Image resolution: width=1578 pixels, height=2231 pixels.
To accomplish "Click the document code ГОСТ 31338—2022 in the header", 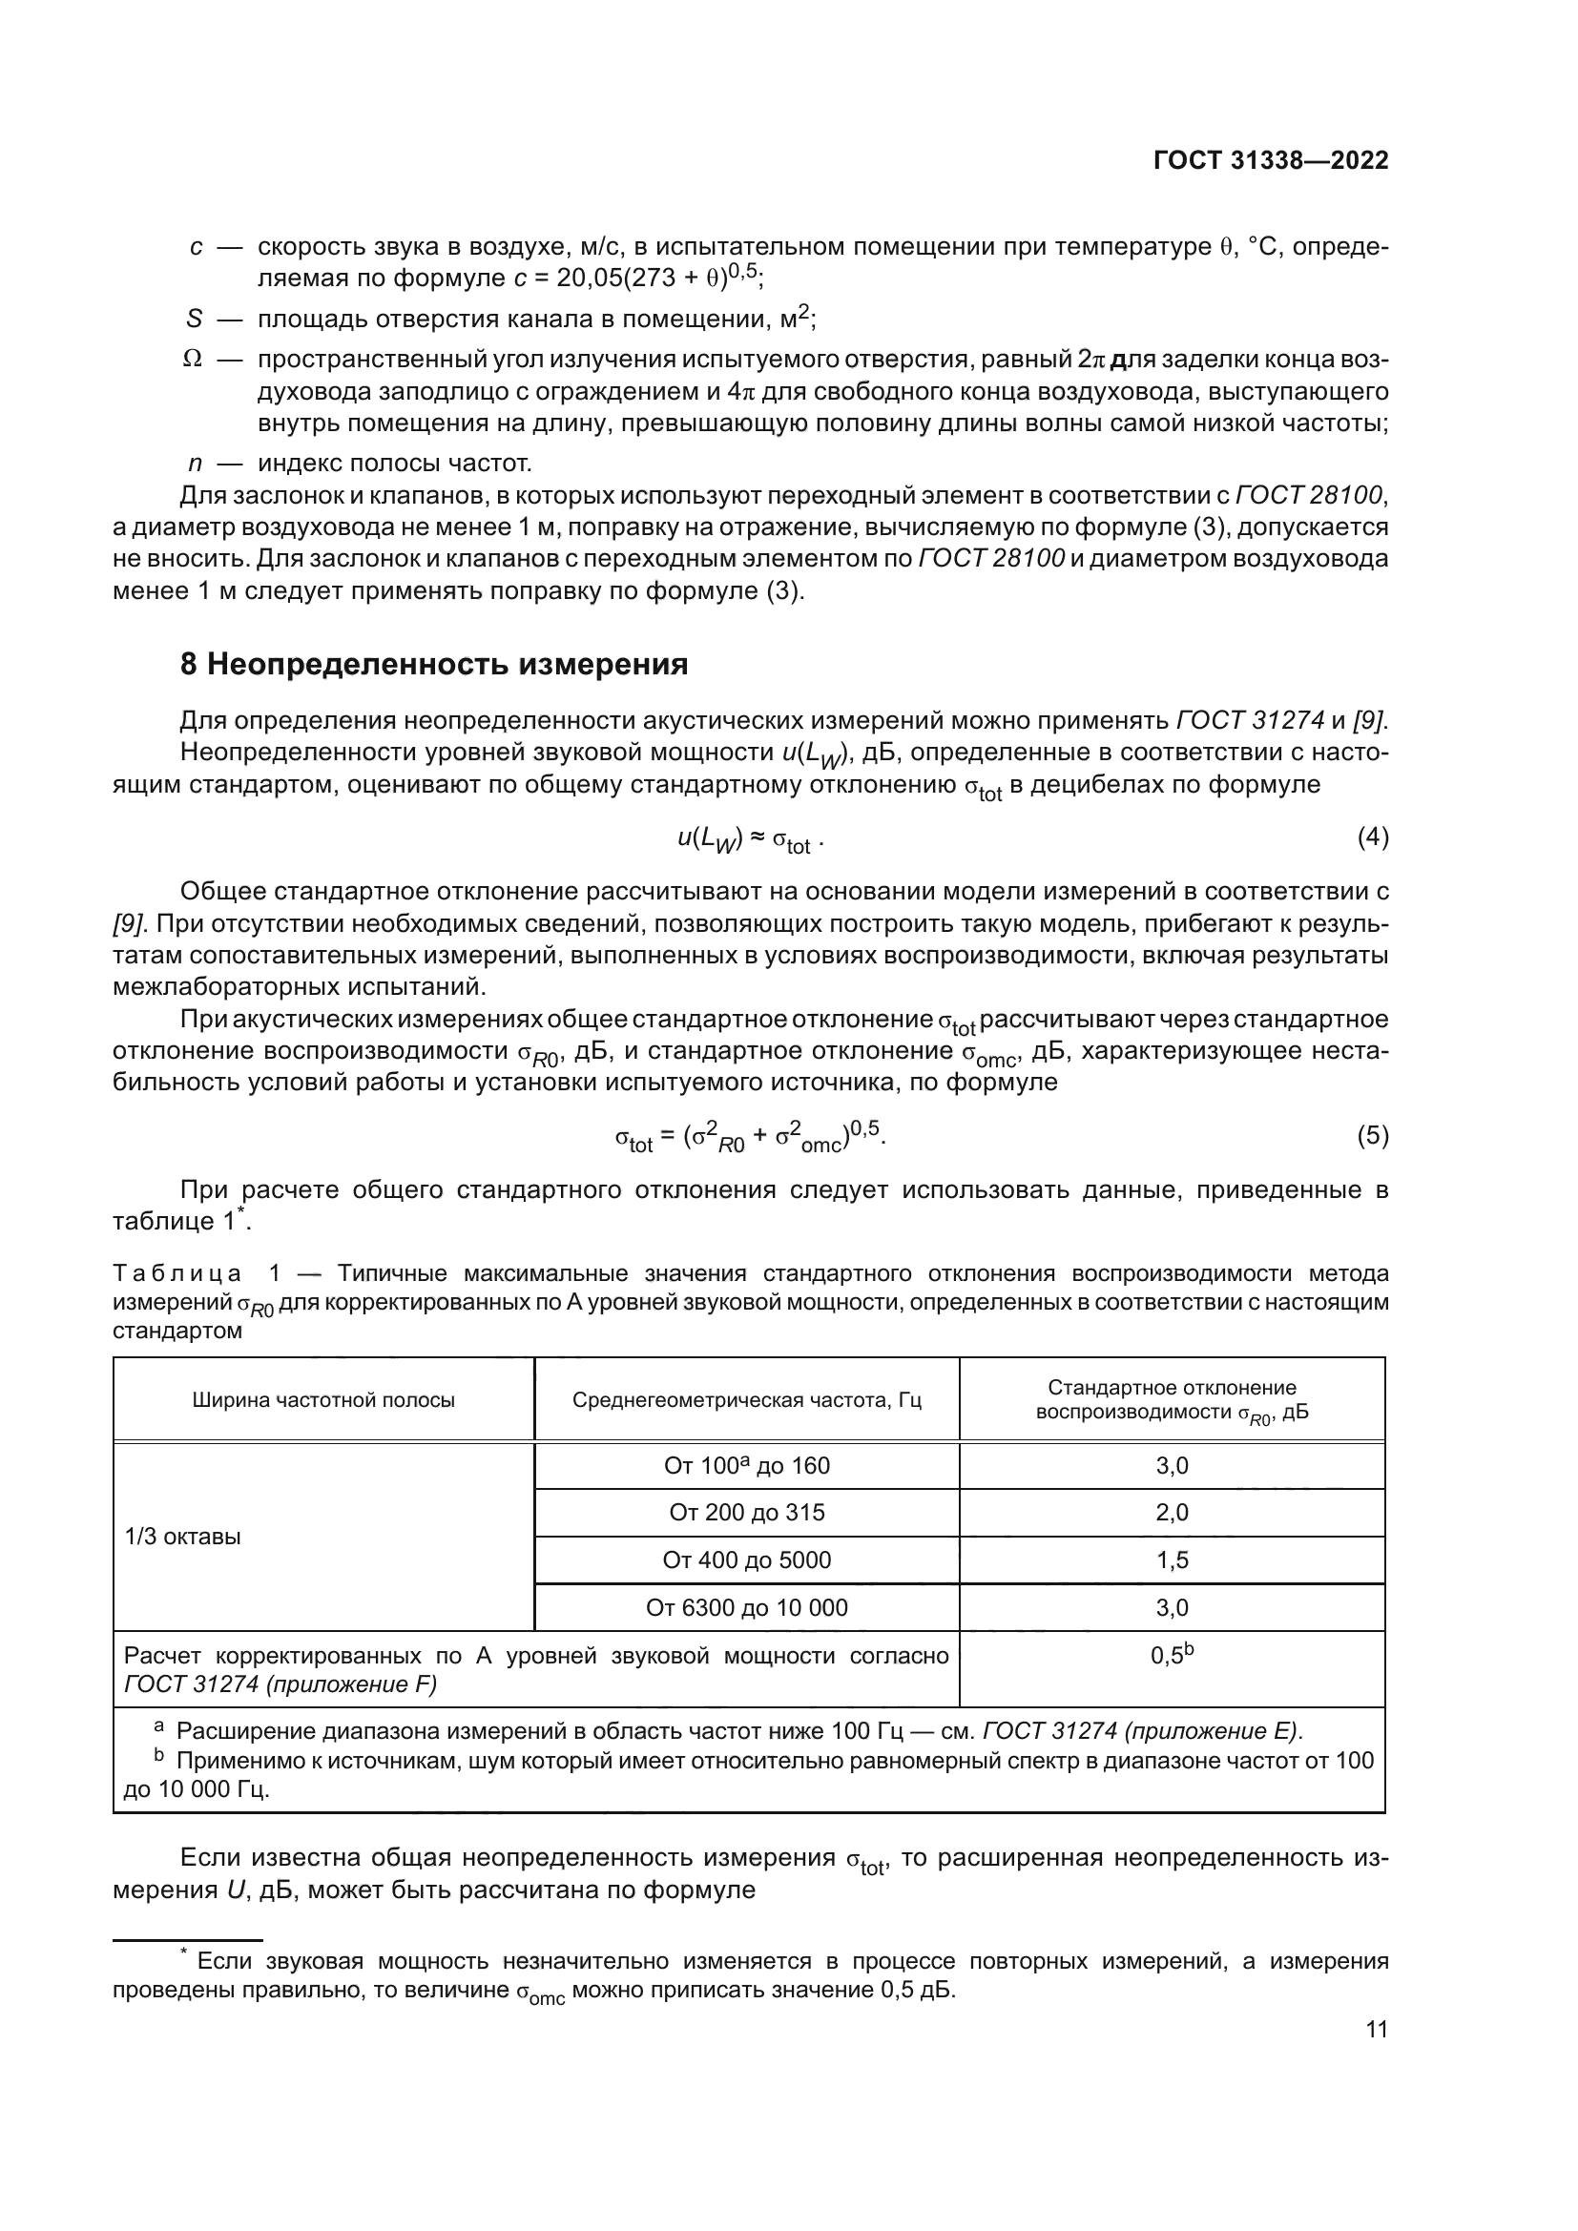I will [1270, 160].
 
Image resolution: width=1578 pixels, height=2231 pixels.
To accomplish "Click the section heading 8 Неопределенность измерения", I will [434, 665].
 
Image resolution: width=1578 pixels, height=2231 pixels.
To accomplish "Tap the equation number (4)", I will [1372, 837].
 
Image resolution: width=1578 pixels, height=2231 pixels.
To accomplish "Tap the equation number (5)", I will [1372, 1135].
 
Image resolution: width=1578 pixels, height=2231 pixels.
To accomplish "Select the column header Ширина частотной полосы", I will [322, 1400].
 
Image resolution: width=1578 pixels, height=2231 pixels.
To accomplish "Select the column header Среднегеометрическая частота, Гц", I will [746, 1400].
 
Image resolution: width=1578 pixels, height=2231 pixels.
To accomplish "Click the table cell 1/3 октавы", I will [182, 1537].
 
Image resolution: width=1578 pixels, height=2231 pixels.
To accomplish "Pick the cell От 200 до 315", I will [746, 1512].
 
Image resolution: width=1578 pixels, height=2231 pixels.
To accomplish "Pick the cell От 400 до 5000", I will [746, 1560].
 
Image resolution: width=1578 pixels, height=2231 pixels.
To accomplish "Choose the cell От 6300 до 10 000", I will [746, 1607].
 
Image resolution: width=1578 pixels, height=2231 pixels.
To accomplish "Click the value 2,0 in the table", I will [1172, 1512].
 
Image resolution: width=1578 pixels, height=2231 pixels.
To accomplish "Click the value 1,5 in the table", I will [1172, 1560].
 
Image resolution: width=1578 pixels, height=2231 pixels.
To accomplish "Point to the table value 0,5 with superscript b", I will [1171, 1655].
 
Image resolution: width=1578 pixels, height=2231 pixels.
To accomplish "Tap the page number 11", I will [1376, 2029].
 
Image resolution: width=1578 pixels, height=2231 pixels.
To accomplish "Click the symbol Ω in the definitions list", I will [193, 360].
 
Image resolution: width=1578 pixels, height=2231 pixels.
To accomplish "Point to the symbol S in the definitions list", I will [195, 319].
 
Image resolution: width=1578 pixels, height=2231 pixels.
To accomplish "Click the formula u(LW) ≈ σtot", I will [750, 839].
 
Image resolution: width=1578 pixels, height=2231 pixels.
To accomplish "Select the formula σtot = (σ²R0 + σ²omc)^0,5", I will [750, 1136].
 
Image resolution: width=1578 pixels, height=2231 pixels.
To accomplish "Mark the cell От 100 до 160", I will [746, 1465].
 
